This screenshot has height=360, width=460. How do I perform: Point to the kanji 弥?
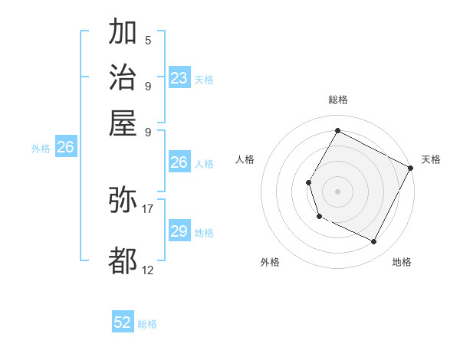(x=123, y=200)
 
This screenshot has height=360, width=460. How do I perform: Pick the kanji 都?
(x=123, y=260)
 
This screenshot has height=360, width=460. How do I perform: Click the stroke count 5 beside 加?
(x=147, y=40)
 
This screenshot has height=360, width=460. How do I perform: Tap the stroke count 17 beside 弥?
(x=148, y=208)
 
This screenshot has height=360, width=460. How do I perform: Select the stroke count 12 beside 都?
(x=148, y=270)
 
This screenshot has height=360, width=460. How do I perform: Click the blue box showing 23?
(x=179, y=78)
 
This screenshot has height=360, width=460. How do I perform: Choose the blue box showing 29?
(x=179, y=231)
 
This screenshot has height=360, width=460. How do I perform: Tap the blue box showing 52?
(x=123, y=322)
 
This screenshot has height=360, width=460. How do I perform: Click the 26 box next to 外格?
(x=66, y=148)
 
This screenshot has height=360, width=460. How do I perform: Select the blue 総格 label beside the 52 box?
(x=148, y=324)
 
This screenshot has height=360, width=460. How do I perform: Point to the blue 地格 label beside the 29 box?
(x=205, y=233)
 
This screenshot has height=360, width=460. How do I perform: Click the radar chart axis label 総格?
(x=337, y=100)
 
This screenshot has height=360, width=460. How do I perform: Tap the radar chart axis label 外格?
(x=270, y=262)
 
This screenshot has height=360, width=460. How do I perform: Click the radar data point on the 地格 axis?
(x=374, y=242)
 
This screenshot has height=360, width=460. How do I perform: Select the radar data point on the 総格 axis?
(x=337, y=130)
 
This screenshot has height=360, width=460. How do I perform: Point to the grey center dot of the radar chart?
(x=337, y=191)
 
